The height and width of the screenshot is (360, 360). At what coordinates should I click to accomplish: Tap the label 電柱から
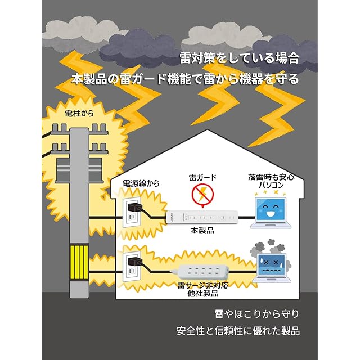(x=80, y=114)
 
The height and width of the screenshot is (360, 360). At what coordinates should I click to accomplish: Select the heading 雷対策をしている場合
(x=238, y=58)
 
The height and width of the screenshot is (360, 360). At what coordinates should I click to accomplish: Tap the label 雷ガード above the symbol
(x=202, y=177)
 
